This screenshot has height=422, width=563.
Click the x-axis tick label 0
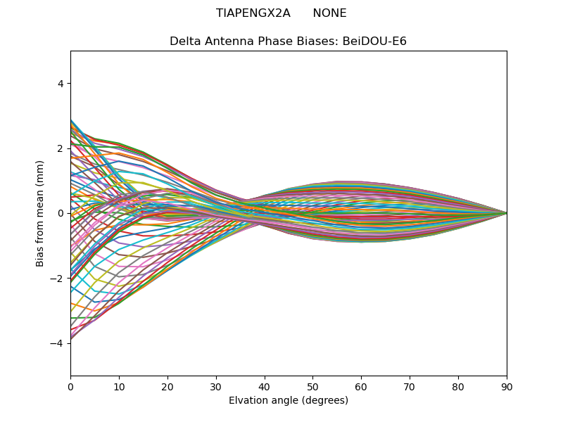(70, 386)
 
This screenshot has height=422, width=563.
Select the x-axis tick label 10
(119, 386)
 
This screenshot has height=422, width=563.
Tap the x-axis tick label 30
(216, 386)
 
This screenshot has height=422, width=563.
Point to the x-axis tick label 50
(312, 386)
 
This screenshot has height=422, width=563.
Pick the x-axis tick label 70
(410, 386)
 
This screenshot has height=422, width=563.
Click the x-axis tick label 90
(507, 386)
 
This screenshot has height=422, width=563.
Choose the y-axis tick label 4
(61, 84)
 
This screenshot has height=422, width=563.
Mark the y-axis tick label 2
(61, 148)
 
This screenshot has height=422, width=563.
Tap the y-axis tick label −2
(58, 278)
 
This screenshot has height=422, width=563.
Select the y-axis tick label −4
(58, 343)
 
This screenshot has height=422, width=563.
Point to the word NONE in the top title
(329, 13)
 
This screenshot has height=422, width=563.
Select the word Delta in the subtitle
(184, 41)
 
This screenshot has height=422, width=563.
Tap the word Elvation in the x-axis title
(248, 401)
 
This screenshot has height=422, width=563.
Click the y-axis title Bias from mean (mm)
(41, 213)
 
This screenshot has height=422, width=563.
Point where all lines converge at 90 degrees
(507, 213)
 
